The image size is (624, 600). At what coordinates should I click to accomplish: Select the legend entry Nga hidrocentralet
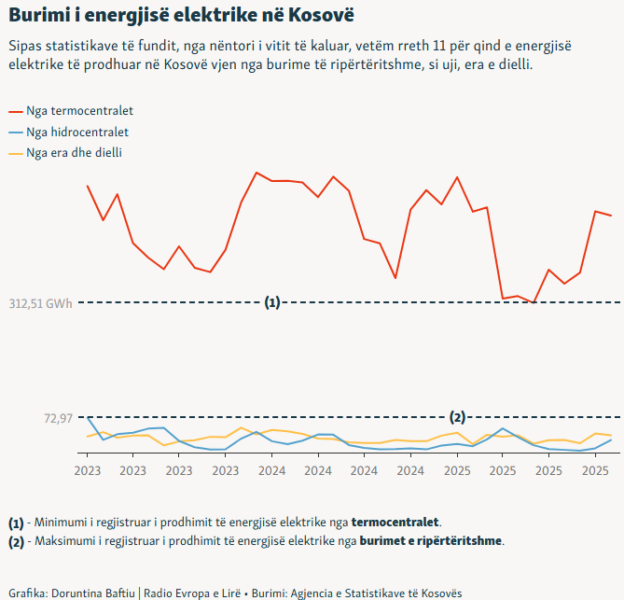[x=77, y=132]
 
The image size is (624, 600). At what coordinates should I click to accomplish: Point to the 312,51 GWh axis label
[x=40, y=302]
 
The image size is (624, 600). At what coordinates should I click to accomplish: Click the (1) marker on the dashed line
[x=272, y=302]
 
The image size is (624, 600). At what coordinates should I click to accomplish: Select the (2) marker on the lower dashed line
[x=458, y=417]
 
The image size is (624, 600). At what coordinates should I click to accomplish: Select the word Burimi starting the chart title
[x=36, y=17]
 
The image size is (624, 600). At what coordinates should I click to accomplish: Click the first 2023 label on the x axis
[x=87, y=469]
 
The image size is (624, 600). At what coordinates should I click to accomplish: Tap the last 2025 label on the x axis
[x=595, y=469]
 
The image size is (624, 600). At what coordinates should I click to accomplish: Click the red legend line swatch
[x=14, y=111]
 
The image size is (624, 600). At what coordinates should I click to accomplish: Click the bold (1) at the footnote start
[x=15, y=521]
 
